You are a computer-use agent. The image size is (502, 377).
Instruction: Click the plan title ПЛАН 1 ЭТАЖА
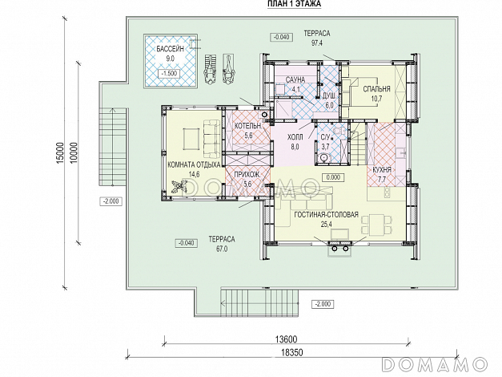tap(294, 4)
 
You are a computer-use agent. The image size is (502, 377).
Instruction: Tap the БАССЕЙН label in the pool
tap(171, 49)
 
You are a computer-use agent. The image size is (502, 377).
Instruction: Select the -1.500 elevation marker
tap(170, 73)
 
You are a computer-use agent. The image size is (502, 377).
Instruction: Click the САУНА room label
tap(295, 79)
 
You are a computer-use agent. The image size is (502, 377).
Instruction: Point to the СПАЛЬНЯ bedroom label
tap(377, 89)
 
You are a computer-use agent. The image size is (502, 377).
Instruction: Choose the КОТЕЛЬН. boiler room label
tap(248, 126)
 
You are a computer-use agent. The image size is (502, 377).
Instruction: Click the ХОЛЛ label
tap(295, 138)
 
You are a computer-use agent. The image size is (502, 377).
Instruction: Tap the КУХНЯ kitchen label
tap(382, 170)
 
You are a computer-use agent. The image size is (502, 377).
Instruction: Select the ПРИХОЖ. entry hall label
tap(247, 175)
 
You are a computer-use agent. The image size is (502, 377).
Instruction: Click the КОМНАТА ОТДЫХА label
tap(194, 165)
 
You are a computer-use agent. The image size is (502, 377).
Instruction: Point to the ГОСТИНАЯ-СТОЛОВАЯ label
tap(326, 215)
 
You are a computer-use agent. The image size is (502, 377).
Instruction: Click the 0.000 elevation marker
tap(333, 177)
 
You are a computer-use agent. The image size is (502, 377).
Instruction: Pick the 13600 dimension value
tap(286, 339)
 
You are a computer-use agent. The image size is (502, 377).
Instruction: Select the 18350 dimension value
tap(292, 353)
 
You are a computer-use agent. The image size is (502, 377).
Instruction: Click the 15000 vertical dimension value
tap(60, 153)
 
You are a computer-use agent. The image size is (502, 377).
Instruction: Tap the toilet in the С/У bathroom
tap(324, 158)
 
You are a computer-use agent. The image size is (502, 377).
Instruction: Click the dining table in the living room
tap(377, 224)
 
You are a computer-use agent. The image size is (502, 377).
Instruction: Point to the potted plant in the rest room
tap(178, 187)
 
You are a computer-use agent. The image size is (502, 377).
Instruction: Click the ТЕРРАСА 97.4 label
tap(316, 38)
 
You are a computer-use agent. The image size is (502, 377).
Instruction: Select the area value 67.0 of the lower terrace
tap(222, 249)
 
